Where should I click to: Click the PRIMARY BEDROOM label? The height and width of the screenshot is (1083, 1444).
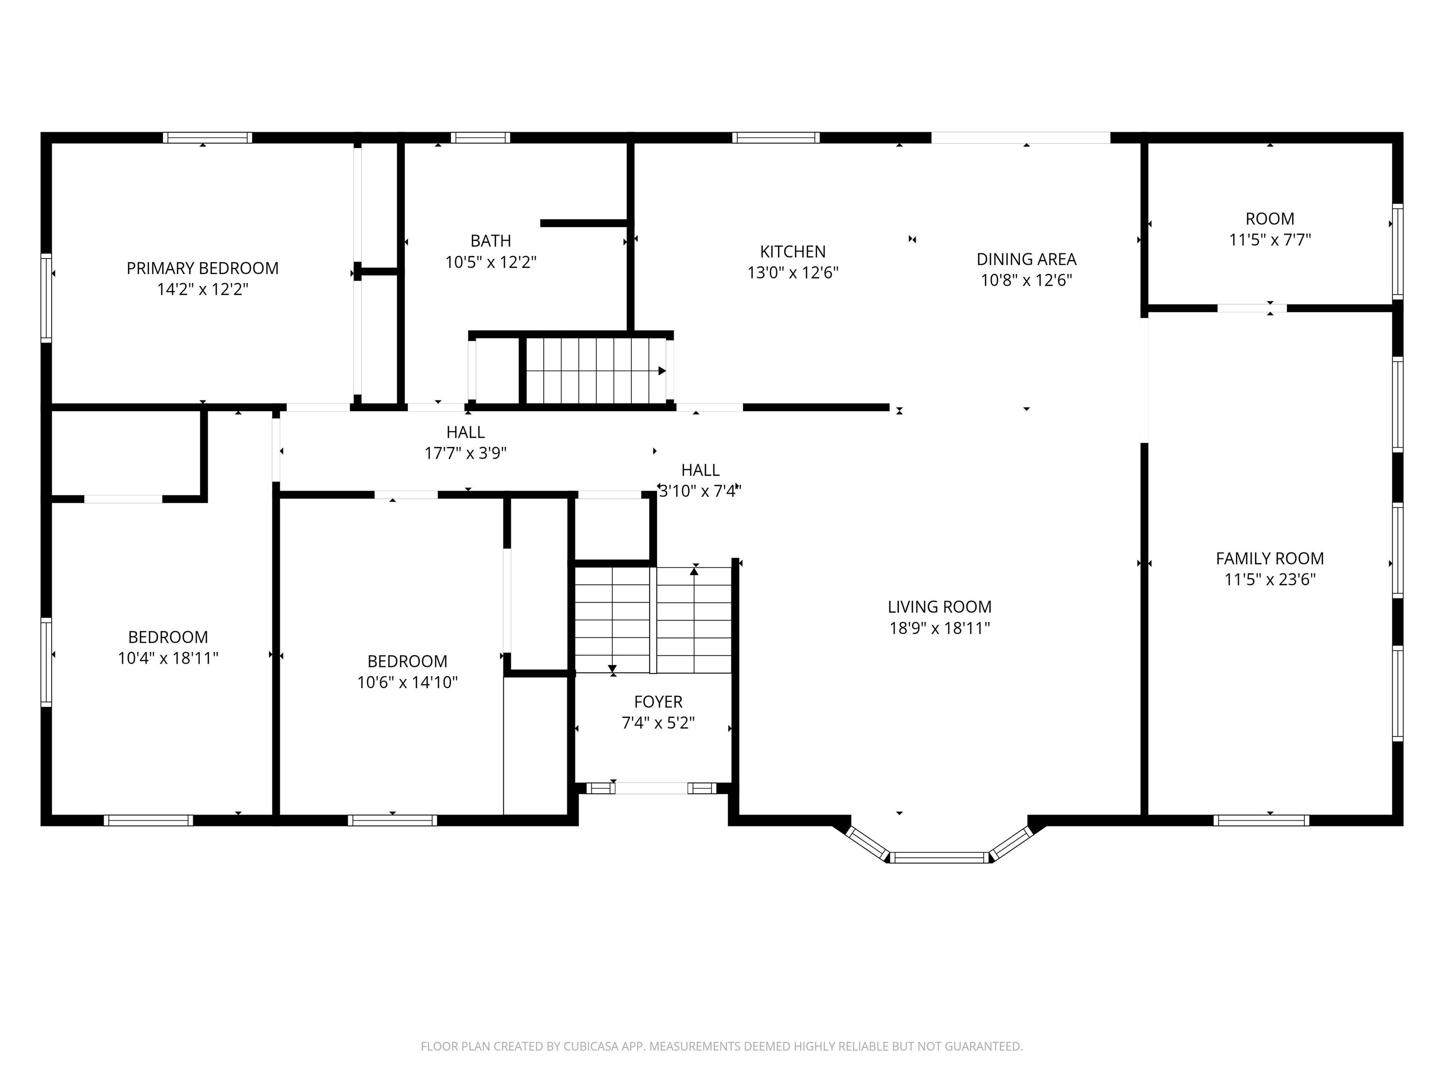tap(203, 268)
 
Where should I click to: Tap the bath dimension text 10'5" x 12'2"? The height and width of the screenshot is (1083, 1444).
tap(491, 262)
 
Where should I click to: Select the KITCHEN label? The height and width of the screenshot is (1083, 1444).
tap(793, 251)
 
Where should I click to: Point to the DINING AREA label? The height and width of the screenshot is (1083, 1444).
tap(1026, 259)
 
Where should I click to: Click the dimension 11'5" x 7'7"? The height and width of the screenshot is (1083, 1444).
tap(1270, 240)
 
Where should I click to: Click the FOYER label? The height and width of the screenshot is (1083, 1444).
tap(658, 702)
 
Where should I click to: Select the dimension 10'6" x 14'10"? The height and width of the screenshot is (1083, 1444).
tap(408, 682)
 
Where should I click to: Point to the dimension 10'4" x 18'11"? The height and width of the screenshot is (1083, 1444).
tap(168, 658)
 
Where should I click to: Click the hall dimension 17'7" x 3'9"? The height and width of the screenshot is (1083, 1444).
tap(465, 453)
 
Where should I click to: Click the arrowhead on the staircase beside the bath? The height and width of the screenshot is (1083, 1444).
tap(662, 371)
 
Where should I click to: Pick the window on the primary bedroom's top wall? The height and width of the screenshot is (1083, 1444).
tap(208, 138)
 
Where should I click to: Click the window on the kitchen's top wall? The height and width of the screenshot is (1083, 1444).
tap(776, 138)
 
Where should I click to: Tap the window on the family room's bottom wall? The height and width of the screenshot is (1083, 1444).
tap(1261, 821)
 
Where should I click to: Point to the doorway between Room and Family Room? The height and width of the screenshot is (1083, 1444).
tap(1252, 308)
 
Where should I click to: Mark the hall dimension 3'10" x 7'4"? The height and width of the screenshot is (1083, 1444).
tap(700, 491)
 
